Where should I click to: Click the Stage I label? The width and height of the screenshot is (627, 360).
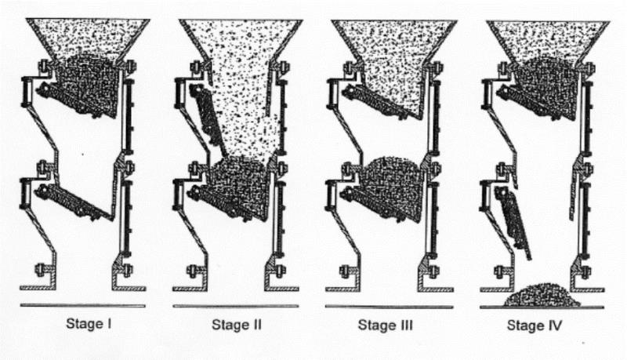(89, 323)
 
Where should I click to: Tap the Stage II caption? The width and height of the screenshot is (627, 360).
(237, 325)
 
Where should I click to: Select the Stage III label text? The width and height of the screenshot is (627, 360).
(385, 325)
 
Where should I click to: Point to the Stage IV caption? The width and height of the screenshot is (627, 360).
(535, 325)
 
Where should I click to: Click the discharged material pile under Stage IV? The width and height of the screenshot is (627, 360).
(541, 295)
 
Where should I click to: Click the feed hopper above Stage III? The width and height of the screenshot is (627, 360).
(394, 40)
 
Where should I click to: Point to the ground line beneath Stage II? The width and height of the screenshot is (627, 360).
(236, 307)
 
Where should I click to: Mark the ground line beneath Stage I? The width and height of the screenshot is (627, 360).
(83, 306)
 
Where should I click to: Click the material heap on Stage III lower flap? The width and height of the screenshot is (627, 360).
(394, 188)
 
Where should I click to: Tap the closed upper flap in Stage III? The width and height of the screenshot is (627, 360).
(380, 102)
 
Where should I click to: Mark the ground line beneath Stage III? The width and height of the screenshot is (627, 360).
(389, 307)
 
